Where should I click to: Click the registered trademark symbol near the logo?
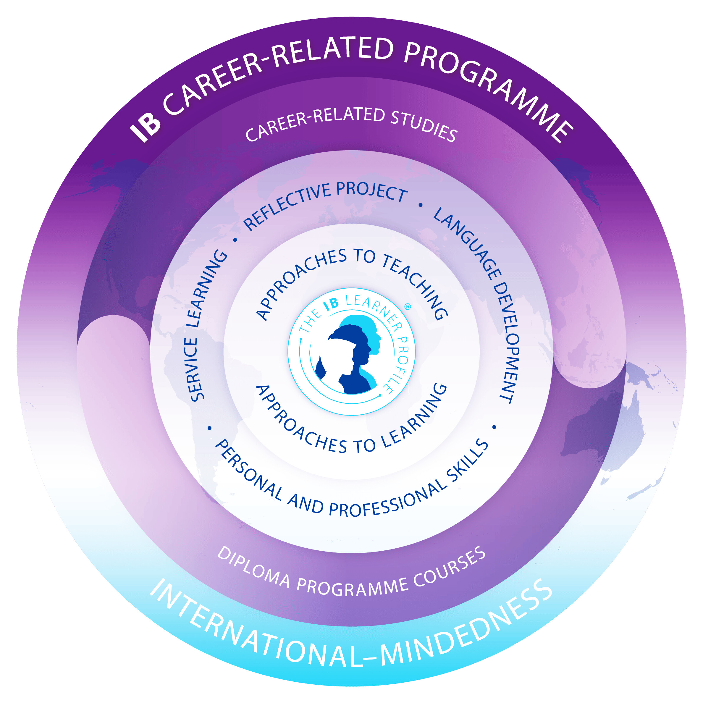coord(408,307)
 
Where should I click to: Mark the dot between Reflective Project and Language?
coord(421,205)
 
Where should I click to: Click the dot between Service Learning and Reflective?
coord(235,240)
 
